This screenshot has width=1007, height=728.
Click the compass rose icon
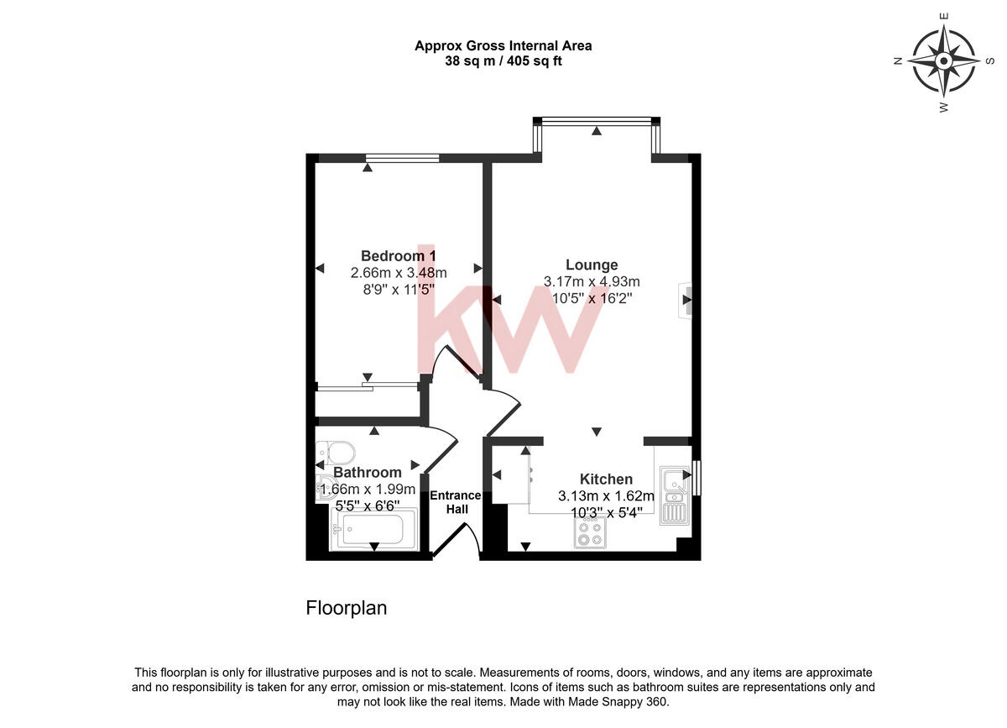(x=943, y=61)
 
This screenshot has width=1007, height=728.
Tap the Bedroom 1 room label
(x=398, y=255)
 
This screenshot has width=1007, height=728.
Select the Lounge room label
(x=591, y=264)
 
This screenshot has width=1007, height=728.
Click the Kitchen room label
(x=606, y=479)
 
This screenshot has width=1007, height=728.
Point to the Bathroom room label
(x=368, y=473)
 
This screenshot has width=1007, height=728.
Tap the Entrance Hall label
(x=456, y=502)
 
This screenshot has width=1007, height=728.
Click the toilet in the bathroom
(x=337, y=454)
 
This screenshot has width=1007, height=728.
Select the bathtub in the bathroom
(x=369, y=531)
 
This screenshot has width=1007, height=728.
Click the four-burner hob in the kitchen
(x=590, y=532)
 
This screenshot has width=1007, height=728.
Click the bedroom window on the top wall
(x=403, y=158)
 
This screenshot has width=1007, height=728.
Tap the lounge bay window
(x=596, y=123)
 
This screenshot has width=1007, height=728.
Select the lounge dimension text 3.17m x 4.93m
(x=592, y=281)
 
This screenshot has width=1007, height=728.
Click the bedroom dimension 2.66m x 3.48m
(x=398, y=272)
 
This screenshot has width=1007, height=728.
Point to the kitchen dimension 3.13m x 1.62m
(x=606, y=495)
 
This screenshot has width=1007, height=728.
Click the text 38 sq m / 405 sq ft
(x=503, y=60)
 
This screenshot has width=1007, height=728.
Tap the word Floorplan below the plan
(x=346, y=608)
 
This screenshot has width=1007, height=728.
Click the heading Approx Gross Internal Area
(x=503, y=46)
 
